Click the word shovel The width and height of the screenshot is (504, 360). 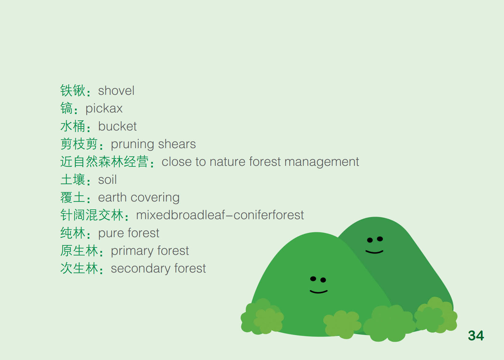point(116,91)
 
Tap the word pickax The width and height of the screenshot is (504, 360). point(104,109)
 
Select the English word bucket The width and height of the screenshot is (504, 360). point(117,126)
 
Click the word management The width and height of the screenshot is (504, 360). point(322,162)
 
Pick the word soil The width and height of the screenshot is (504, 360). point(107,180)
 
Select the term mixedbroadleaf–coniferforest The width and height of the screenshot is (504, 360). point(220,215)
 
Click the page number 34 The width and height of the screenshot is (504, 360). point(476,336)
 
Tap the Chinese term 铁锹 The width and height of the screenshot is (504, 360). point(73,91)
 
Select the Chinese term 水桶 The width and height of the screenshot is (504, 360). point(73,126)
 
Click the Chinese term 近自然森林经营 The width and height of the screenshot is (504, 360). point(104,162)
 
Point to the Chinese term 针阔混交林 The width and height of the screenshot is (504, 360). point(92,215)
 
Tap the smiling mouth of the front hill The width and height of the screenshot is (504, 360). point(319,292)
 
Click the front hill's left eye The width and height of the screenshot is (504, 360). point(313,279)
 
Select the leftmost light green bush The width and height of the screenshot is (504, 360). point(262,317)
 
